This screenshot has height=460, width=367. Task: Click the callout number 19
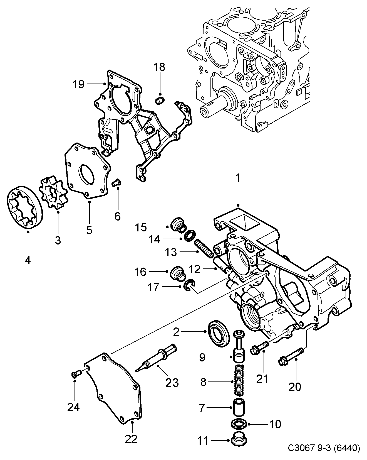(78, 84)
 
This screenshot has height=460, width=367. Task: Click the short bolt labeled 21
(259, 348)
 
